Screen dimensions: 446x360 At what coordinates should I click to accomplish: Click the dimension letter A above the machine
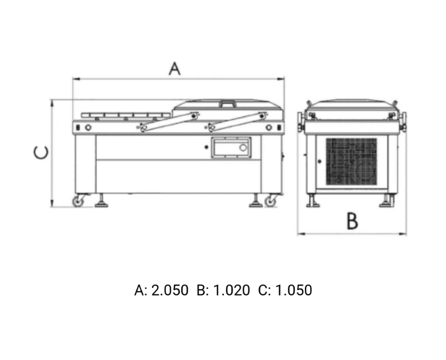tap(174, 69)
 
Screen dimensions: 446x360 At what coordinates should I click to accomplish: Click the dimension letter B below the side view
tap(352, 221)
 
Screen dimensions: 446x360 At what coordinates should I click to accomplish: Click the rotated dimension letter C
tap(41, 153)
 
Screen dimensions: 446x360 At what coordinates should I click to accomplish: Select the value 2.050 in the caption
tap(170, 290)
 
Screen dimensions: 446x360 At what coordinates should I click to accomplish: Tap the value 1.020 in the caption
tap(231, 290)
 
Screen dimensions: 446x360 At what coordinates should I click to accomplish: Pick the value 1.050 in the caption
tap(294, 290)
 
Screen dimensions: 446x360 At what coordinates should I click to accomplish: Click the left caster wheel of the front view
tap(78, 201)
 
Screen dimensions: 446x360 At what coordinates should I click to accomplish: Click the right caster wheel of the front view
tap(270, 201)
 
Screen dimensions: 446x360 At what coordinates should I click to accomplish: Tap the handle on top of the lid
tap(227, 103)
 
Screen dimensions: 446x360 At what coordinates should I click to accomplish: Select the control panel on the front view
tap(231, 147)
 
